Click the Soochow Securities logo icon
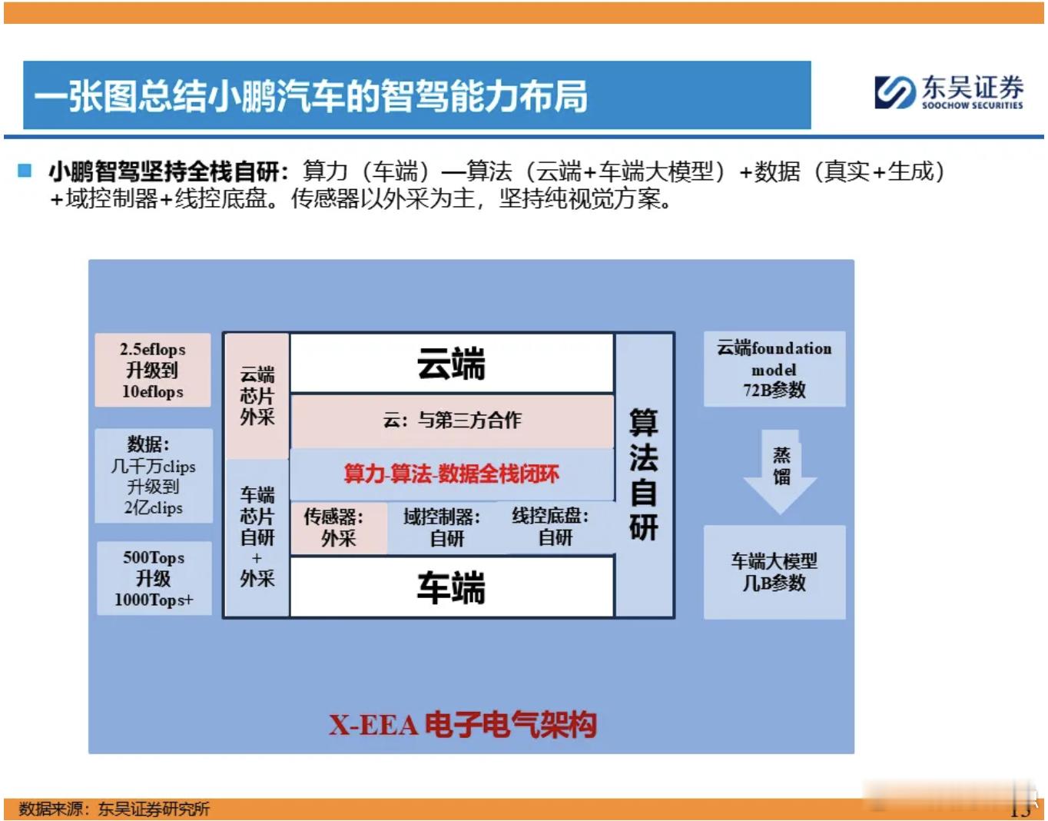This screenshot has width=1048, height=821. tap(894, 92)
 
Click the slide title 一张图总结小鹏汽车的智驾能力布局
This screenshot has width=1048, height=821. tap(311, 95)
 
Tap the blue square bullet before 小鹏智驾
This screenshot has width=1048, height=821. tap(24, 171)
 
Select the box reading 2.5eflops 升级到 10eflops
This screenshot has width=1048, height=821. tap(153, 370)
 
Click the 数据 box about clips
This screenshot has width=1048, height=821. tap(154, 476)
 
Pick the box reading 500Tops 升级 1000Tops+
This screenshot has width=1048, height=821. tap(154, 578)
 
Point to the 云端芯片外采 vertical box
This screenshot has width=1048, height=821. tap(257, 396)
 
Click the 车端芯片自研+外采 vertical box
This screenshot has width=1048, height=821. tap(257, 537)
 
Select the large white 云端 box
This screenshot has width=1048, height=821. tap(452, 364)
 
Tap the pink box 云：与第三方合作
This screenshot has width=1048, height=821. tap(453, 420)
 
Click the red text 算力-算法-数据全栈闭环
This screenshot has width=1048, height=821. tap(452, 474)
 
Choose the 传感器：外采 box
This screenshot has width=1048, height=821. tap(339, 528)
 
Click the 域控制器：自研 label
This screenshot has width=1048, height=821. tap(442, 527)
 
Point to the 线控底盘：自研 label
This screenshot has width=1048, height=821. tap(550, 527)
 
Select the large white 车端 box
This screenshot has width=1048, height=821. tap(452, 587)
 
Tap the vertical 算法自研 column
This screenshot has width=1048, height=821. tap(645, 475)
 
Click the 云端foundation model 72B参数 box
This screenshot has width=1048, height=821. tap(774, 369)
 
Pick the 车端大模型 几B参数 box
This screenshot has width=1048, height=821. tap(774, 572)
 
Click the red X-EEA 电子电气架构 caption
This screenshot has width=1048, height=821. tap(463, 725)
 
